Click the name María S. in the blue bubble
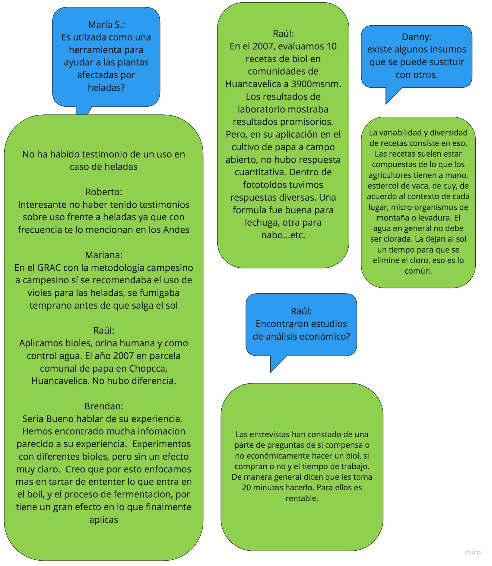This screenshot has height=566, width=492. (106, 24)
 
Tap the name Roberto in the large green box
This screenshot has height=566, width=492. (103, 192)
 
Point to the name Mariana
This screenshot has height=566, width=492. (103, 255)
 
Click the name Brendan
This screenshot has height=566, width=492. (103, 406)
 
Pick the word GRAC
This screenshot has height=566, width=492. (49, 268)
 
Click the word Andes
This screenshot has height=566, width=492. (176, 230)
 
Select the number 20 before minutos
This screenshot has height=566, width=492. (246, 488)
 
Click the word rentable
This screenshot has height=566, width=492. (302, 498)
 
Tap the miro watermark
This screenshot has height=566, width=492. (472, 552)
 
